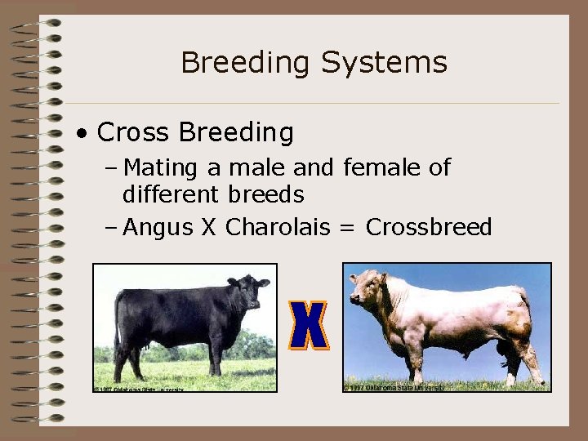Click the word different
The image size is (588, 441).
pos(170,195)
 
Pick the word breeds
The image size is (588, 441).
pos(266,195)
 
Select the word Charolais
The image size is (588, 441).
pos(278,227)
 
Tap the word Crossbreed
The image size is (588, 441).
pos(429,227)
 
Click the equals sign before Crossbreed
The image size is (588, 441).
pos(348,228)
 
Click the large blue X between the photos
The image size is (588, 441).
pos(310,325)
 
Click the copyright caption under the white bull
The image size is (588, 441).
pos(395,387)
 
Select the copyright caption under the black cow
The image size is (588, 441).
pos(139,389)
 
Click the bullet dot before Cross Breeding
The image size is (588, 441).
pos(82,133)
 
